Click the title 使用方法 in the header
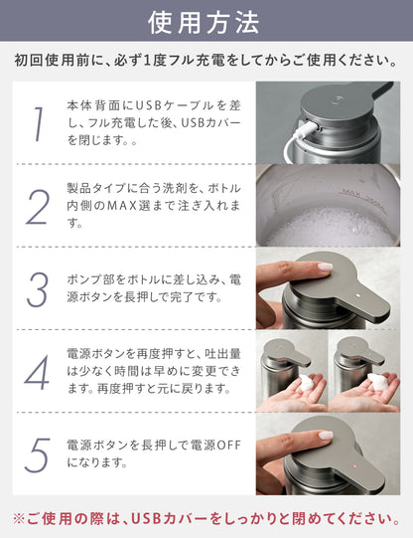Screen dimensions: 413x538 tap(204, 23)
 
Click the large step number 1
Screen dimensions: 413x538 tap(39, 124)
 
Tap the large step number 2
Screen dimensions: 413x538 tap(38, 207)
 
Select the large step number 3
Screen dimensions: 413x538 tap(37, 289)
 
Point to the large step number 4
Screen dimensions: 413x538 tap(37, 373)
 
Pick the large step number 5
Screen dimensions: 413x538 tap(38, 455)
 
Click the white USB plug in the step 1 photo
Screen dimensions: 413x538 tap(307, 130)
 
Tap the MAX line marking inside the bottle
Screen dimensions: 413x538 tap(363, 200)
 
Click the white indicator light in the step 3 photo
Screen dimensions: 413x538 tap(358, 295)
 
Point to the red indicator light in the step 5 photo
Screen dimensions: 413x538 tap(354, 466)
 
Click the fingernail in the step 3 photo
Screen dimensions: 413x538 tap(325, 267)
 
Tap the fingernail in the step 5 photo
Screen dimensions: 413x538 tap(326, 436)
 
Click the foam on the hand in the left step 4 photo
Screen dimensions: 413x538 tap(307, 383)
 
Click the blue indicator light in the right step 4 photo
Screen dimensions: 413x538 tap(372, 353)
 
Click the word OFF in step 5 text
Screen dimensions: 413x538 tap(229, 446)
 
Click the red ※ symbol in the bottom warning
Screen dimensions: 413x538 tap(19, 518)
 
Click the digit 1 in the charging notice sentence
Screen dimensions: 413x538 tap(147, 61)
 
